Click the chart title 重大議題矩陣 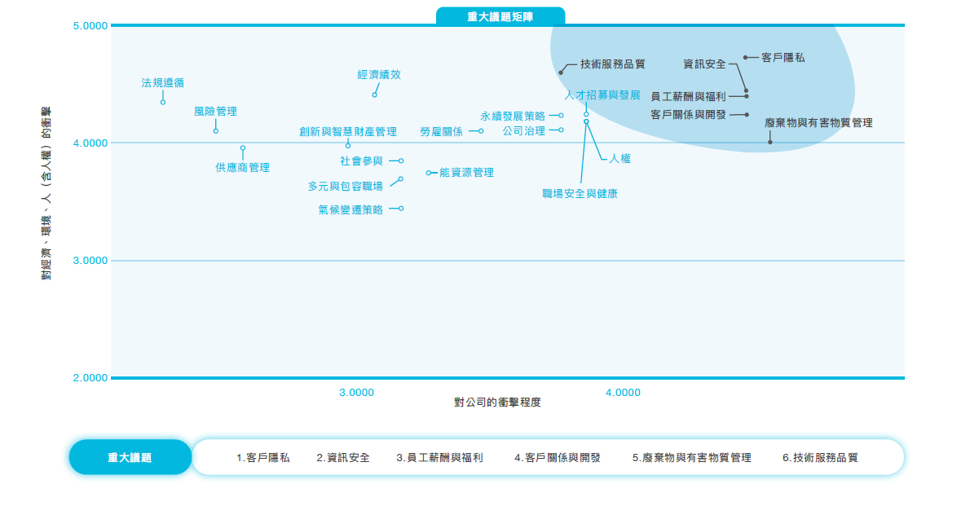(x=500, y=17)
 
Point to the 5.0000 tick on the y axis (x=90, y=26)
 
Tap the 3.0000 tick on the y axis (x=90, y=261)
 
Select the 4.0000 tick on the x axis (x=623, y=393)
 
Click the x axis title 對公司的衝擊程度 (x=497, y=402)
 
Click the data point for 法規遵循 (x=163, y=102)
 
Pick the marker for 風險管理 (x=216, y=131)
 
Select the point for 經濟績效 (x=374, y=95)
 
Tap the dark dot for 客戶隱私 (x=745, y=57)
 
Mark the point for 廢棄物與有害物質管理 (x=770, y=142)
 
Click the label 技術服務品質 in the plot (x=613, y=64)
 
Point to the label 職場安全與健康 (x=580, y=194)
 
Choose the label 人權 (x=620, y=159)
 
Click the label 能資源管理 (x=467, y=173)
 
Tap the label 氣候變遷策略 (x=351, y=209)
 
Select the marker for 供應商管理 (x=243, y=148)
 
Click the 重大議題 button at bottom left (x=130, y=457)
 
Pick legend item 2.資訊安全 (x=343, y=457)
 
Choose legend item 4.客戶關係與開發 (x=558, y=457)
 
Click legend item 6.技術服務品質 (x=820, y=457)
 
